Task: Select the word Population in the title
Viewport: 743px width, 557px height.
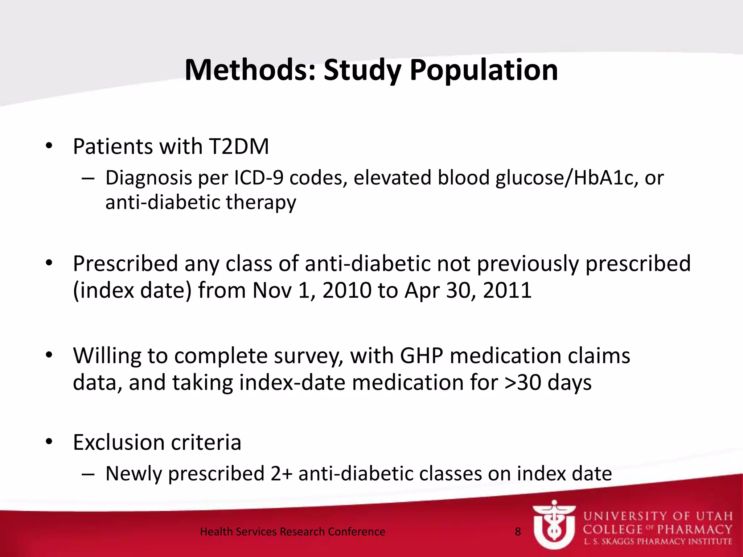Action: (484, 70)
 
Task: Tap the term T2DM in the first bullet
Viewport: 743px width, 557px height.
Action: (239, 147)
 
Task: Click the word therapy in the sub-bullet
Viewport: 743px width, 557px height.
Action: (261, 202)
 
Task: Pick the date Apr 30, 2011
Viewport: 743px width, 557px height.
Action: (468, 290)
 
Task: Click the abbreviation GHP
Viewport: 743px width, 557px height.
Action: (421, 355)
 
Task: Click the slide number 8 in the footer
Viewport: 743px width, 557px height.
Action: (518, 532)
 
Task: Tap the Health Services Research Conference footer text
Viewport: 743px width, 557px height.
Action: (292, 532)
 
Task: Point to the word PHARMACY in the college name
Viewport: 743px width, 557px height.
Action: (695, 529)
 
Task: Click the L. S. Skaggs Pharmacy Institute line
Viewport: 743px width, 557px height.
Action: (658, 542)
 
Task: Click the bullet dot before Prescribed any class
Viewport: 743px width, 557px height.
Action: (49, 264)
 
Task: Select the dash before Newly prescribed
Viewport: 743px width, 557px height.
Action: (88, 474)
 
